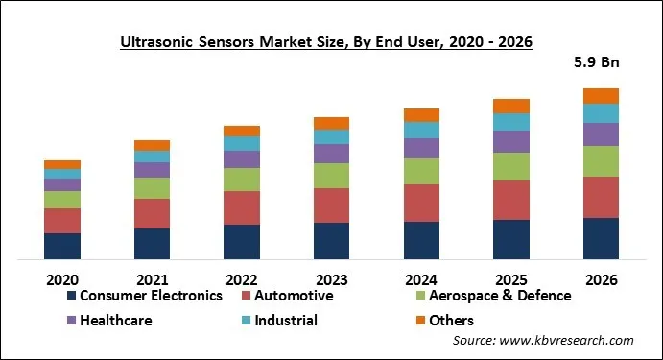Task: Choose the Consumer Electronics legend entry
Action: [144, 296]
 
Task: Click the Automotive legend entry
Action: [288, 296]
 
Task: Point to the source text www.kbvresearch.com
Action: [543, 341]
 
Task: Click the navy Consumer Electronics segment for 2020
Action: [62, 246]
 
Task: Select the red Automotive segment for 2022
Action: [242, 207]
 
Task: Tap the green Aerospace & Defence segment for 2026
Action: [602, 161]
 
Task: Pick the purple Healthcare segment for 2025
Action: [511, 142]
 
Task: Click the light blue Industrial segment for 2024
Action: [421, 130]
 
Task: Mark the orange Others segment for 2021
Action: [152, 145]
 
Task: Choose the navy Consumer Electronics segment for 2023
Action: [332, 241]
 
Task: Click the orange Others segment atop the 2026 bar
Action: [602, 96]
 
